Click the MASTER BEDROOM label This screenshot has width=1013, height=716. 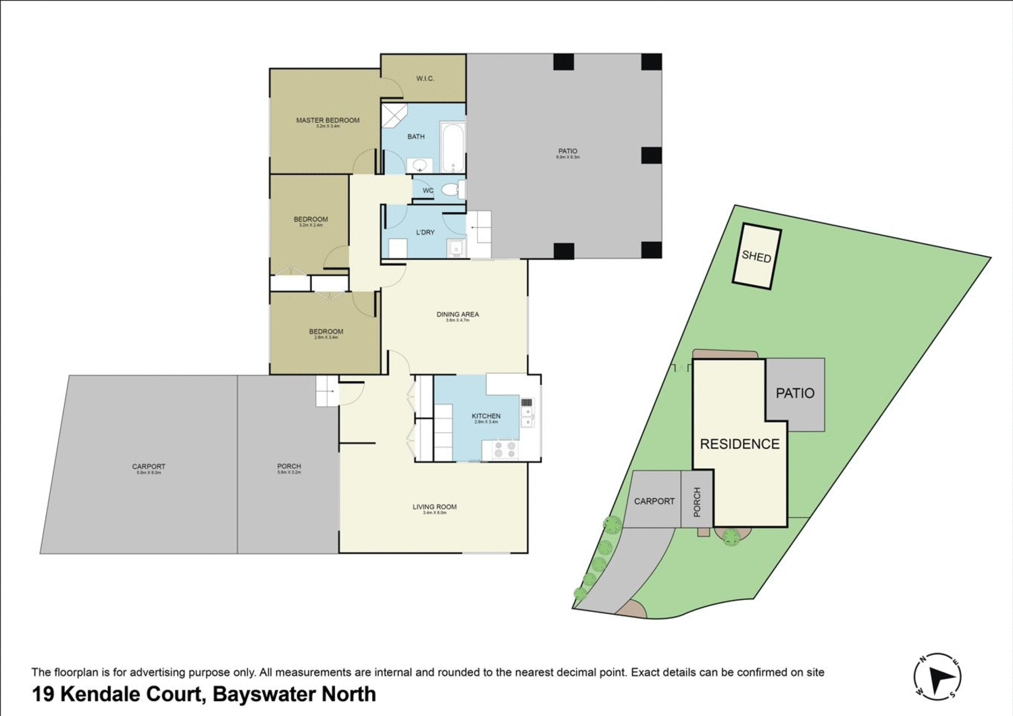(328, 120)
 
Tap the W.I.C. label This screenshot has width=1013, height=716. (425, 79)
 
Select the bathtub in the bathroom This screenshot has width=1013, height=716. (452, 147)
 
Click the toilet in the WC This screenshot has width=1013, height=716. (450, 190)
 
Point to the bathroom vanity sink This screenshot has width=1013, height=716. (420, 165)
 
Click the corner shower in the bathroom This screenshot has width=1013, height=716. (393, 115)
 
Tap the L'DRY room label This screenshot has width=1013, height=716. (425, 232)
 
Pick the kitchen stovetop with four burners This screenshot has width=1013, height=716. (504, 449)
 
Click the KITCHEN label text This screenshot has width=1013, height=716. (486, 416)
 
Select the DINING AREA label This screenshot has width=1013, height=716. (457, 314)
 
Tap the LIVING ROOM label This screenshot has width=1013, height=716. (434, 507)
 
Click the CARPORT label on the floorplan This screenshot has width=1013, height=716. (149, 467)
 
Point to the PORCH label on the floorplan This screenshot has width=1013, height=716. (289, 466)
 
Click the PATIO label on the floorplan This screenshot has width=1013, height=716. (567, 151)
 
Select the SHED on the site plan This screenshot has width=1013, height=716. (756, 257)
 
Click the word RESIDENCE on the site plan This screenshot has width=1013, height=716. (739, 444)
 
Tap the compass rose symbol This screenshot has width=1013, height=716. (937, 677)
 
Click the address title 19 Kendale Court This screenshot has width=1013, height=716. (203, 694)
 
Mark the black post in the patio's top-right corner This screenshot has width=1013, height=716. (651, 62)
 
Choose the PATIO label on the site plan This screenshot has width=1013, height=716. (795, 393)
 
